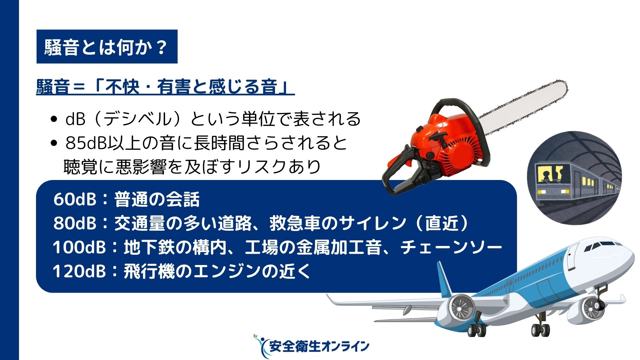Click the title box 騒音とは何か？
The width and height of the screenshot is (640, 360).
107,47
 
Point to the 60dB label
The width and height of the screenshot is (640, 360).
75,199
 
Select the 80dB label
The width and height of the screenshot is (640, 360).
75,223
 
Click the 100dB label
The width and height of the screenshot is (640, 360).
79,247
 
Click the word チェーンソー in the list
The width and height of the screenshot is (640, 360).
451,247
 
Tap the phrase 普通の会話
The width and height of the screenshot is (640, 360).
157,199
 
